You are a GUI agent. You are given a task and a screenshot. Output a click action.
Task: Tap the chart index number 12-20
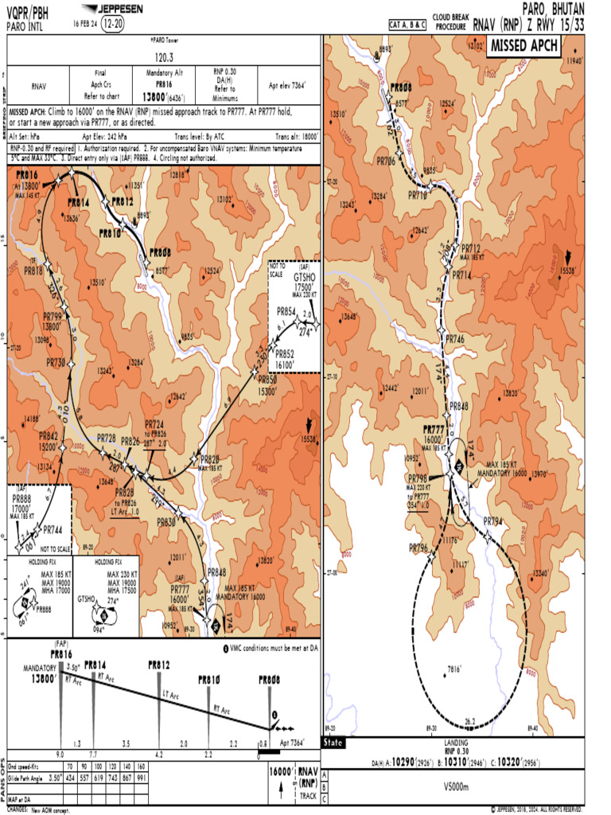point(112,22)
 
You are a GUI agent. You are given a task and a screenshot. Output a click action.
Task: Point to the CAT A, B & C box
point(407,25)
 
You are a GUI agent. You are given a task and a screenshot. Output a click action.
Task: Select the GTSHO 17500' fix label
point(294,283)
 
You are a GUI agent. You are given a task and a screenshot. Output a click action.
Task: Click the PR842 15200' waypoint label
point(49,441)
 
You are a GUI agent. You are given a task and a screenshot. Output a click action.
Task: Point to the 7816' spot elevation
point(454,669)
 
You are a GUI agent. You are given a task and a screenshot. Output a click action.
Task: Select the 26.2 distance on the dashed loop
point(469,722)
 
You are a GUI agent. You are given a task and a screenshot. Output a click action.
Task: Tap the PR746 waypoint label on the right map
point(454,339)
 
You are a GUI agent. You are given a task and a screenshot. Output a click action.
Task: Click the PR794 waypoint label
point(494,522)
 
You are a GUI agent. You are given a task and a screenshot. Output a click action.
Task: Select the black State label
point(333,743)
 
